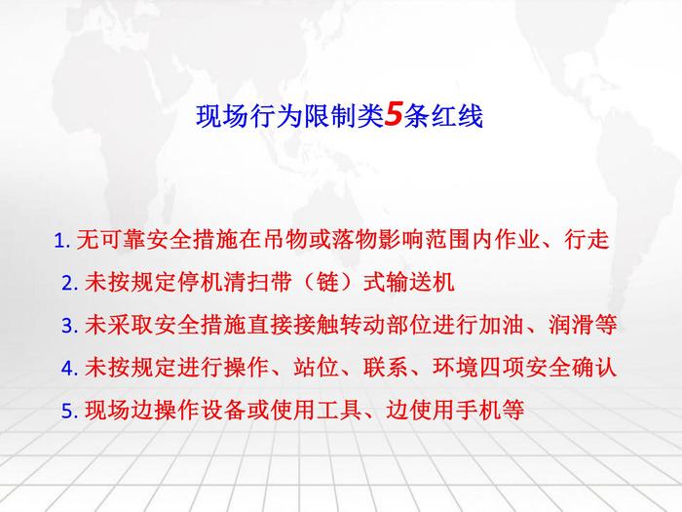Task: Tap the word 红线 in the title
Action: coord(457,116)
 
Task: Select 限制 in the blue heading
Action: coord(329,116)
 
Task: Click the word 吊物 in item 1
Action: coord(285,240)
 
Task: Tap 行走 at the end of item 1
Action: coord(587,240)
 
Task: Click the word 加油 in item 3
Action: coord(502,325)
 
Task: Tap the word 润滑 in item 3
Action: coord(572,325)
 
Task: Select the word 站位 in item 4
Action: coord(317,367)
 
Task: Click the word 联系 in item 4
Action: coord(386,367)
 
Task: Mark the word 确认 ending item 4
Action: coord(594,367)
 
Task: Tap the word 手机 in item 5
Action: coord(479,410)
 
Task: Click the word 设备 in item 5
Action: coord(223,410)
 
